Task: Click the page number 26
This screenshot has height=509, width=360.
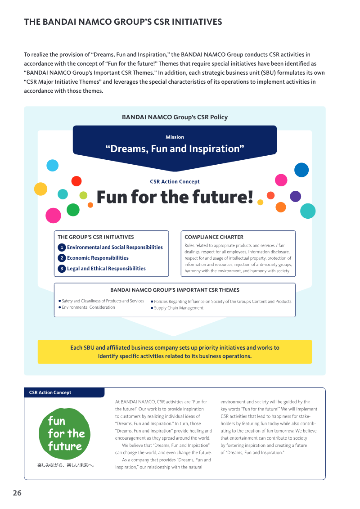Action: point(17,493)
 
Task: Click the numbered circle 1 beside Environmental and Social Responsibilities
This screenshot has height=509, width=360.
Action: point(62,247)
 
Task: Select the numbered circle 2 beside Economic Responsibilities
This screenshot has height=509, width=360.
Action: point(62,258)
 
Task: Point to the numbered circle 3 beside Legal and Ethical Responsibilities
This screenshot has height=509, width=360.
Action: point(62,269)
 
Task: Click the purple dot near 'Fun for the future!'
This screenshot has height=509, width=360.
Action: point(295,196)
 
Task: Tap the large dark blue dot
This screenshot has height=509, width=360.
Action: point(301,170)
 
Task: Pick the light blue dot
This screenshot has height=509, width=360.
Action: point(53,166)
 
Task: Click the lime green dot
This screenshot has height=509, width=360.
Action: point(83,195)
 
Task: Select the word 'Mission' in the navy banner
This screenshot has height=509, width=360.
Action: point(175,137)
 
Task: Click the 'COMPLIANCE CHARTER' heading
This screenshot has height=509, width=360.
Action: point(214,237)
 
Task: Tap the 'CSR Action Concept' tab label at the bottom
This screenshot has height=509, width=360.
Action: point(50,392)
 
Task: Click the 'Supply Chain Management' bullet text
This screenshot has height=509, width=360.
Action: point(179,308)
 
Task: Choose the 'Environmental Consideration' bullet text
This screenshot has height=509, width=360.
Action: point(88,307)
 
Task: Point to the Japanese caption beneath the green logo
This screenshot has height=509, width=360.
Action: point(66,465)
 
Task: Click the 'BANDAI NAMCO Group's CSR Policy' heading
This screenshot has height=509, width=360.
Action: point(175,117)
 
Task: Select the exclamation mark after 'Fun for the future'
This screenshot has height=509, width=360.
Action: point(250,197)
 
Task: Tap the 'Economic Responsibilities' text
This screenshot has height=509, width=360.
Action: point(98,258)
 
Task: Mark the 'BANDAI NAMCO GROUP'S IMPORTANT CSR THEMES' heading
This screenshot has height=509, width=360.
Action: point(175,290)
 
